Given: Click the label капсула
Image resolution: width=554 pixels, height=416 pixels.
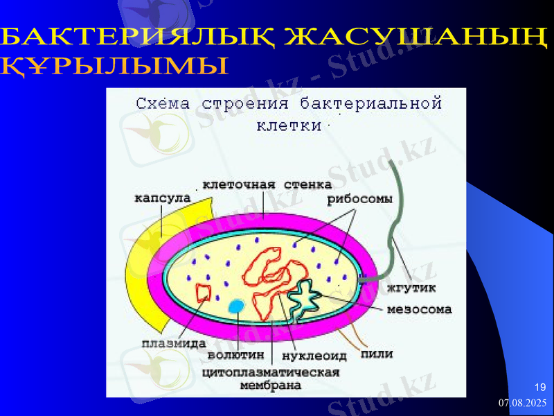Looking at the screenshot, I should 162,198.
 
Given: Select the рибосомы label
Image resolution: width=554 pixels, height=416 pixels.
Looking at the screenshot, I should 359,199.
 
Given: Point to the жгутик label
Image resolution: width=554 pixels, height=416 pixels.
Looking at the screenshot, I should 411,286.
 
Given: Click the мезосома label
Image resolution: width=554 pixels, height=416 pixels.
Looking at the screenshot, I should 419,309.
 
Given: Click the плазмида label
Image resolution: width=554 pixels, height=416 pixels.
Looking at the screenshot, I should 173,342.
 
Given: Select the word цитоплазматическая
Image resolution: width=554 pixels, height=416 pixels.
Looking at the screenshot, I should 270,372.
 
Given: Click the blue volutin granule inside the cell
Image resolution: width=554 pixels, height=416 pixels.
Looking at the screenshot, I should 237,306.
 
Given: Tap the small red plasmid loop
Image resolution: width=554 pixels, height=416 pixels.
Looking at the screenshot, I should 204,293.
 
